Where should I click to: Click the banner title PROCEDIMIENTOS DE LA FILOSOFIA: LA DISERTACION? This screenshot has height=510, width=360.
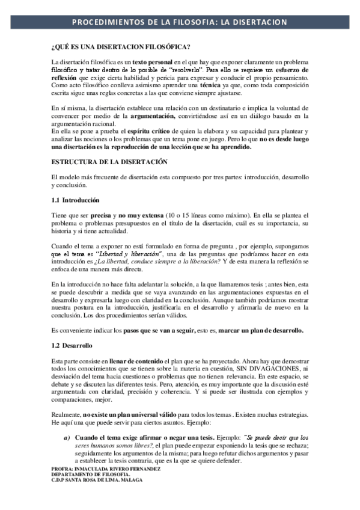[180, 22]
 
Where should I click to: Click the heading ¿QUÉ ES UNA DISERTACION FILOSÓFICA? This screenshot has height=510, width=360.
[121, 48]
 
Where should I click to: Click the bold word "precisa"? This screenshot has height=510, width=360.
[103, 215]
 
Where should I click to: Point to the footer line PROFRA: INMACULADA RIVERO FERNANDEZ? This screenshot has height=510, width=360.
[102, 468]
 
